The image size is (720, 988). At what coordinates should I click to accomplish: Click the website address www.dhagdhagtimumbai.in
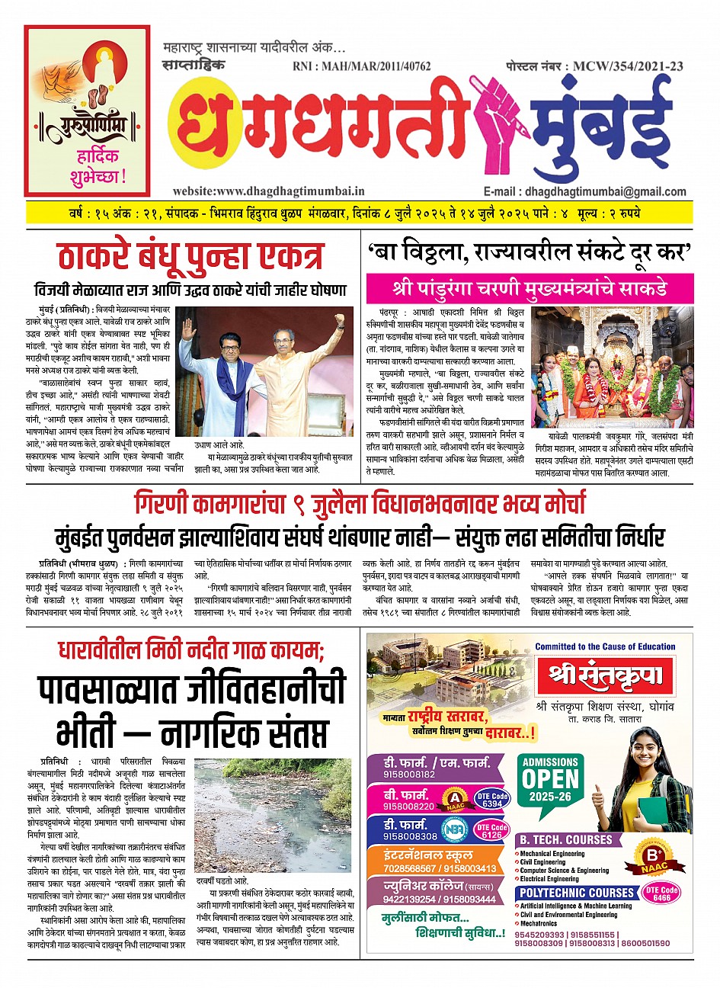click(x=269, y=191)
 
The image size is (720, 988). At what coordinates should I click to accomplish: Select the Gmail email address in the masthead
click(x=584, y=192)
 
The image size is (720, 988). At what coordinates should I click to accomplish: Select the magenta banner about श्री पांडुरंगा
click(x=530, y=290)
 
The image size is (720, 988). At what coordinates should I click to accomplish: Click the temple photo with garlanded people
click(x=613, y=366)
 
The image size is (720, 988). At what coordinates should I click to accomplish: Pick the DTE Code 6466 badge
click(x=661, y=893)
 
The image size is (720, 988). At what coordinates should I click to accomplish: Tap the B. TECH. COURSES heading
click(x=565, y=839)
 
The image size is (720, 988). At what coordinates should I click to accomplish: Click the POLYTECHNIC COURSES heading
click(x=577, y=893)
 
